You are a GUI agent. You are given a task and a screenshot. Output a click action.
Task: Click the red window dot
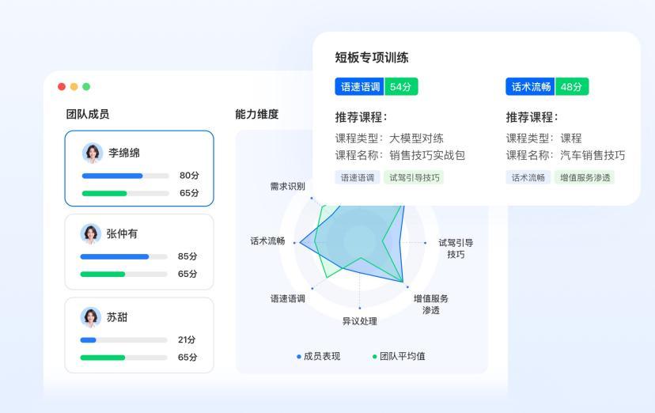62,86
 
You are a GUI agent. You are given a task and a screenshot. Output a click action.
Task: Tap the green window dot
86,86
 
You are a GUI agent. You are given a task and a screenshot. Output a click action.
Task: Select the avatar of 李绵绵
93,153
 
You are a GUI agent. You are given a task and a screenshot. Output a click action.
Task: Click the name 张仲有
122,234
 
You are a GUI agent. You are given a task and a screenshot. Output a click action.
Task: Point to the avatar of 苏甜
91,317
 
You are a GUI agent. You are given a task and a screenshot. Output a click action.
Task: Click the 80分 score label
189,176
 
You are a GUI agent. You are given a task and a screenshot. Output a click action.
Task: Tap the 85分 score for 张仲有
187,256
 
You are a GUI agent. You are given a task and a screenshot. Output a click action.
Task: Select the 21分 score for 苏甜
187,340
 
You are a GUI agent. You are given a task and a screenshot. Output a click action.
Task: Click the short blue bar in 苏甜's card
88,340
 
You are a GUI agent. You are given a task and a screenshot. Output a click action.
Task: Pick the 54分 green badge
401,86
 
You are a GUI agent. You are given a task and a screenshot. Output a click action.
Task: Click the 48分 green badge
572,86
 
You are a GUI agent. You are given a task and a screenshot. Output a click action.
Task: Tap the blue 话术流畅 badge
530,86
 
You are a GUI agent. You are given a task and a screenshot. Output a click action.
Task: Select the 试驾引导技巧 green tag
414,177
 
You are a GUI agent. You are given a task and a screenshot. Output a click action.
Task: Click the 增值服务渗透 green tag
585,177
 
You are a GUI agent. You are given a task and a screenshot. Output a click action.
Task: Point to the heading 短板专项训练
371,57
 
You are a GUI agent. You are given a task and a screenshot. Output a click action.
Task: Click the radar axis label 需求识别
287,186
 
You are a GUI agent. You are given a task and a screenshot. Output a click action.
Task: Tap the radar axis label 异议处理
360,321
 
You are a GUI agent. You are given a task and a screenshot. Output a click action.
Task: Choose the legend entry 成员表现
319,356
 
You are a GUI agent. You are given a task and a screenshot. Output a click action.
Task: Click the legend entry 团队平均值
399,356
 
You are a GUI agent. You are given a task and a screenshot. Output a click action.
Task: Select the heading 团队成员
88,114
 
